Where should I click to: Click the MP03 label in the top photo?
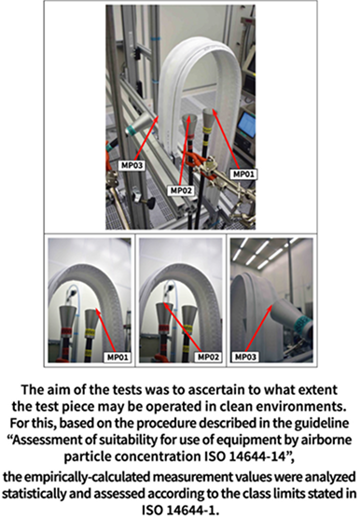pos(132,165)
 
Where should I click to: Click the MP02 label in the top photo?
pos(181,190)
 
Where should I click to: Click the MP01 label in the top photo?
pos(243,175)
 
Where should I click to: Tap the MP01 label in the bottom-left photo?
pos(118,357)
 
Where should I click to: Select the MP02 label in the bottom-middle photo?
pos(209,357)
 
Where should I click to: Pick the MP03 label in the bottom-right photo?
pos(245,357)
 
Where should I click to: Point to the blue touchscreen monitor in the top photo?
pos(246,124)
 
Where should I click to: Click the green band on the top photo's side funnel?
pos(131,132)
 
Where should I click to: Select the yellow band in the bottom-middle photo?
pos(187,329)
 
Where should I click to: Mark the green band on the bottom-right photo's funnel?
pos(301,324)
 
